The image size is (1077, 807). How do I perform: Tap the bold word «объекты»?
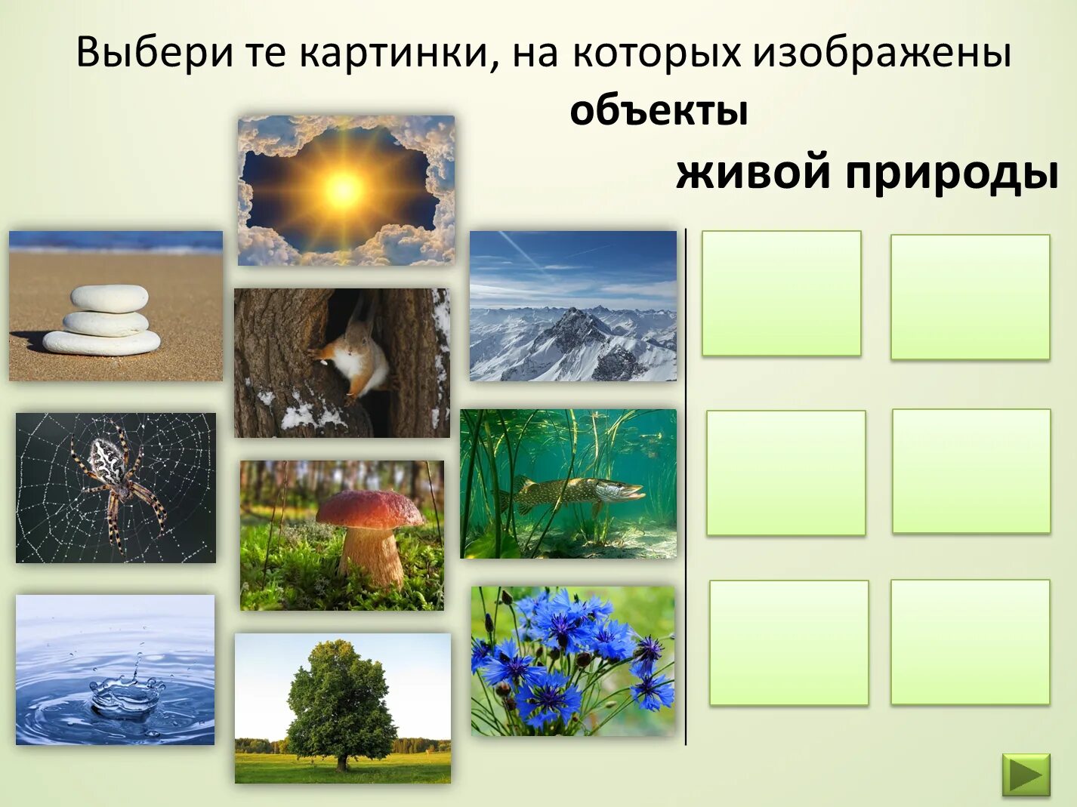[659, 111]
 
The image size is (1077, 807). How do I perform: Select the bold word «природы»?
[951, 173]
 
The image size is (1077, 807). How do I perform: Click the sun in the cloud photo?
[344, 188]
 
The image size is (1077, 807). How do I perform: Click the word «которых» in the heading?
[656, 53]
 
